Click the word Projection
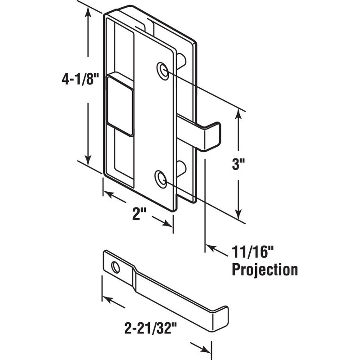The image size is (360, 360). [x=264, y=270]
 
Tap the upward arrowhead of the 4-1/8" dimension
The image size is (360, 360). [x=88, y=13]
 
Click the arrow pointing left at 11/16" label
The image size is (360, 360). [x=211, y=247]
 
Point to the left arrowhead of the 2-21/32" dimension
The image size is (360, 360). [x=106, y=299]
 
